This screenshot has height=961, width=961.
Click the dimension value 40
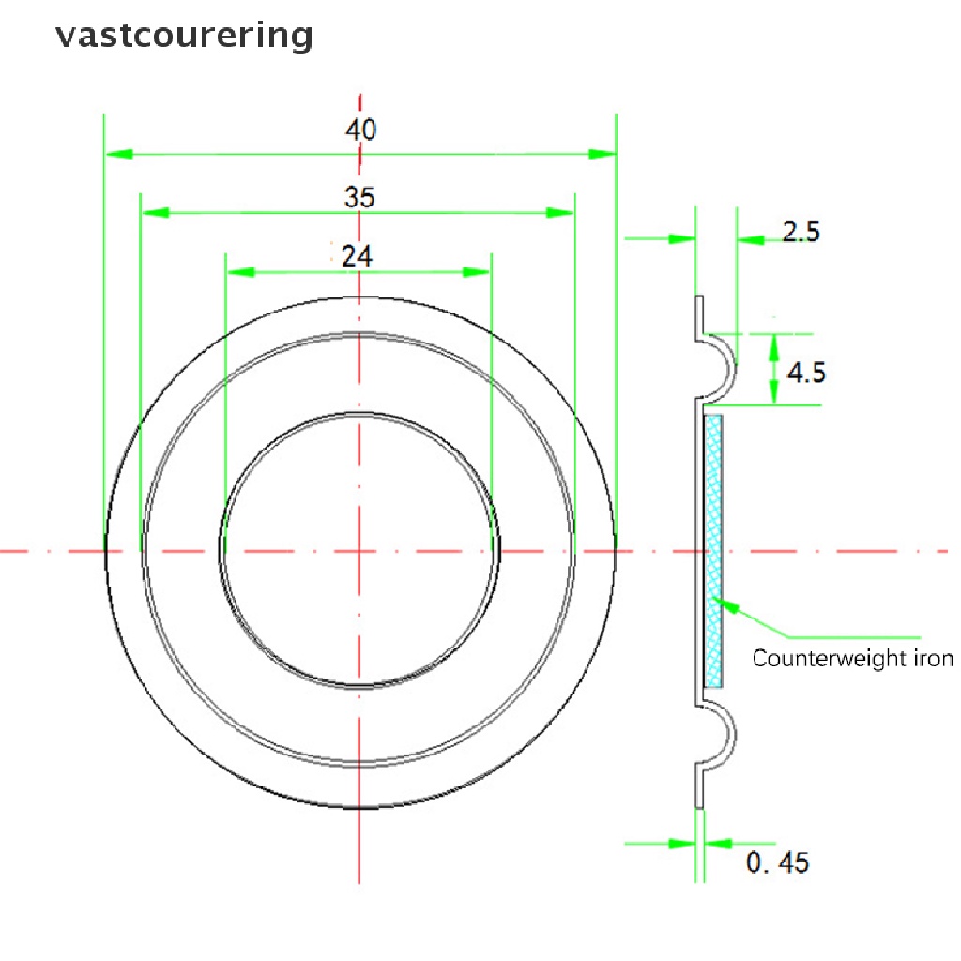(x=360, y=130)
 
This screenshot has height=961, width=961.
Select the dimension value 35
(x=358, y=198)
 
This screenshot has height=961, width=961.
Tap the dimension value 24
(x=356, y=256)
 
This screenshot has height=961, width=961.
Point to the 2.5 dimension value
(x=801, y=232)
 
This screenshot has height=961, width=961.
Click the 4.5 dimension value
(x=806, y=373)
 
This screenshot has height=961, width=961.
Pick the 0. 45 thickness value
(x=777, y=862)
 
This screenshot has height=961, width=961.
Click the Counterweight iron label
(x=852, y=658)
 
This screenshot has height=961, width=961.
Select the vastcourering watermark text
(x=184, y=35)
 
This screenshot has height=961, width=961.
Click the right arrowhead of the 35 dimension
(x=560, y=213)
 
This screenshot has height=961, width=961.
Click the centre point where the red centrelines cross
(x=359, y=551)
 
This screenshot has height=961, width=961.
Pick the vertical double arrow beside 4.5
(x=774, y=369)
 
